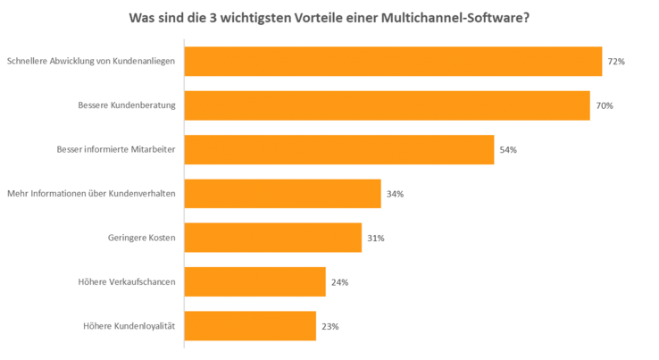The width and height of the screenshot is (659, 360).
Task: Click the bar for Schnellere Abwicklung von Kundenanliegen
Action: point(393,62)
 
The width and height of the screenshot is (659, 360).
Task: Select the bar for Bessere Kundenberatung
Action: point(387,105)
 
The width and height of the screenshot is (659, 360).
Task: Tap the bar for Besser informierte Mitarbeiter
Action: point(339,150)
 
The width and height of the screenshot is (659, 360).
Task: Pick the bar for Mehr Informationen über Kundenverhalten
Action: point(282,194)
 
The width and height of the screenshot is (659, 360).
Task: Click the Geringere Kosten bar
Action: point(272,238)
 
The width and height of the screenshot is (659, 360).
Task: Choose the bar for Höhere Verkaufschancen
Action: point(254,281)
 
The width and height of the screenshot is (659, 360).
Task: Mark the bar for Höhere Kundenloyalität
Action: point(250,326)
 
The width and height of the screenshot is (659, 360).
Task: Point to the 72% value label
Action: point(616,62)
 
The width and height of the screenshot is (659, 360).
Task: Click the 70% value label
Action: point(605,105)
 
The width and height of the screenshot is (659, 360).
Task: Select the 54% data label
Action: point(508,150)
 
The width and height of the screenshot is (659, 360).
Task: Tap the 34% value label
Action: point(395,194)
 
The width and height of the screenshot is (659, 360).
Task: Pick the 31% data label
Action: point(376,238)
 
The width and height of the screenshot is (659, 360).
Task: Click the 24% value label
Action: point(339,282)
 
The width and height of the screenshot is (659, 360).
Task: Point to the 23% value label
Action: point(329,326)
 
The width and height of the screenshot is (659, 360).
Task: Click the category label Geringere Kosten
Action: point(141,238)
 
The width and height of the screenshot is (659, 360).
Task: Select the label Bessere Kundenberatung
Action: point(127,105)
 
